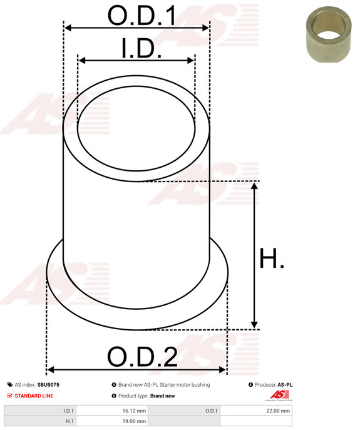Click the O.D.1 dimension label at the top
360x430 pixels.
tap(142, 16)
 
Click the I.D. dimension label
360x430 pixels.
tap(141, 49)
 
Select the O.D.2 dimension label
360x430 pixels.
tap(142, 357)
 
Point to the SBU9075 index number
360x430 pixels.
tap(49, 385)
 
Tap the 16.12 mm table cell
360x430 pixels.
tap(134, 411)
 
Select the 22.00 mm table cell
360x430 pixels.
tap(277, 411)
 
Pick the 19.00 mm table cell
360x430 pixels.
tap(134, 422)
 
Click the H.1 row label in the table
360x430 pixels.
tap(68, 422)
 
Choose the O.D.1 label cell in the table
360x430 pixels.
tap(211, 411)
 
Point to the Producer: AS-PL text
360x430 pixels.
tap(274, 385)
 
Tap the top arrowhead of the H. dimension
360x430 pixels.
tap(255, 186)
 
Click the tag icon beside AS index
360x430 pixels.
tap(9, 385)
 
